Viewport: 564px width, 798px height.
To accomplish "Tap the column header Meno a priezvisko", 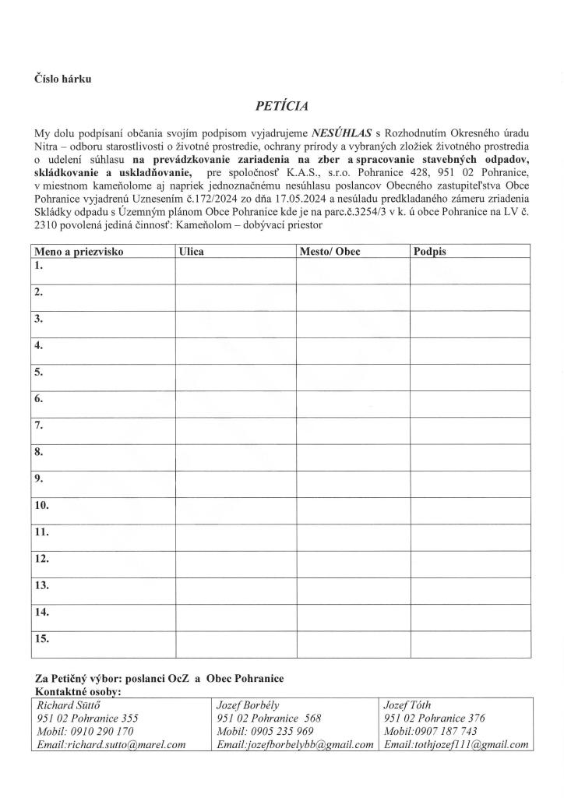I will [78, 252].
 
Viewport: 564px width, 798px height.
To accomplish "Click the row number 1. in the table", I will [37, 266].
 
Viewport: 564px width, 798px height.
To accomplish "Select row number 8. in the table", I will [37, 451].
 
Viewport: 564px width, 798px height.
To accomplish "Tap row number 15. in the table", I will [41, 638].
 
